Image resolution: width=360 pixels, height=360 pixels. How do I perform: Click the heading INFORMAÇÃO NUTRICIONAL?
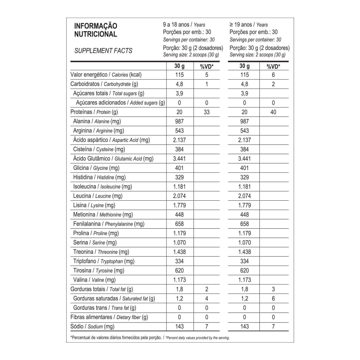96,30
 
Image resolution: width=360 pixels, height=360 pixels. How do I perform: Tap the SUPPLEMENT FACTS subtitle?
103,51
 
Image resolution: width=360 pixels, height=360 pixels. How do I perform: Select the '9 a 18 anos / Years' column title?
184,25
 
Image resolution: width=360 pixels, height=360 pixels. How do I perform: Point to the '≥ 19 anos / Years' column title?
249,25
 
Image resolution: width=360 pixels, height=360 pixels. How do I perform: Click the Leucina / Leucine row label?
98,196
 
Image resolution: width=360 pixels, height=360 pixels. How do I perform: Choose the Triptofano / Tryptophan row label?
104,261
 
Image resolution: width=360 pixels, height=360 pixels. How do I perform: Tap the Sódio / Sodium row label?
92,326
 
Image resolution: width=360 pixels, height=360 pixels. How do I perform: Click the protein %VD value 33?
206,112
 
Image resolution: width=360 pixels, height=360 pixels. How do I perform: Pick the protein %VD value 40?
273,112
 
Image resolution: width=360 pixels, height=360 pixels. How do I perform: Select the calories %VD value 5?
206,75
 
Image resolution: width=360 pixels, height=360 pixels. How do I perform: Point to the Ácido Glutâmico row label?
113,159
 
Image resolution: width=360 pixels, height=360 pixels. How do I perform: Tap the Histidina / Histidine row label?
99,177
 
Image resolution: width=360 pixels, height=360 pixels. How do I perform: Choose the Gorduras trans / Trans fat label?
104,308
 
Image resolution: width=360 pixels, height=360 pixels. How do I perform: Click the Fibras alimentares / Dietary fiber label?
109,317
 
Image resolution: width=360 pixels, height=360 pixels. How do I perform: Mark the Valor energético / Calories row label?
106,75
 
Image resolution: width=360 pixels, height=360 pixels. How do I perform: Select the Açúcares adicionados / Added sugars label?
120,103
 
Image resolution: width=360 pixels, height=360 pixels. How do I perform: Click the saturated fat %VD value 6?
273,298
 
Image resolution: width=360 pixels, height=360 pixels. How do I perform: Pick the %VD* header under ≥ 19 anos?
273,66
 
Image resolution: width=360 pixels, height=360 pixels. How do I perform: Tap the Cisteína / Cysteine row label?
99,149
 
